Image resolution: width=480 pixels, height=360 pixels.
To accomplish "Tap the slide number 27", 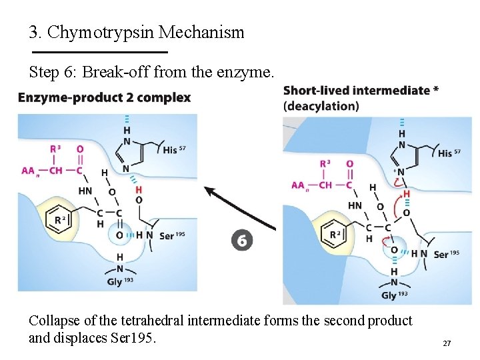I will pyautogui.click(x=447, y=343).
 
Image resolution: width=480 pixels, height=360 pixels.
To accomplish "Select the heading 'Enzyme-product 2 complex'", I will pyautogui.click(x=104, y=98).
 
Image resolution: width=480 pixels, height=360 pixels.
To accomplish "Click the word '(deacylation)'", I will pyautogui.click(x=321, y=106).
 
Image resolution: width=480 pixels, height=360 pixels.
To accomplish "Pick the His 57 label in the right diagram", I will pyautogui.click(x=454, y=153).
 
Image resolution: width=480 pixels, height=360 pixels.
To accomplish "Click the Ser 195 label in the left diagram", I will pyautogui.click(x=172, y=235).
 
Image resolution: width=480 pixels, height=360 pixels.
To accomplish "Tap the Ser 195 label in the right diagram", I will pyautogui.click(x=450, y=254).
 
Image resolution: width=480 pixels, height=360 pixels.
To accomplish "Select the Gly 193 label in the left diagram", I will pyautogui.click(x=121, y=281).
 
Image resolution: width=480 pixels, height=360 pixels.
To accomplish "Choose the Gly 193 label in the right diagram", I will pyautogui.click(x=394, y=295).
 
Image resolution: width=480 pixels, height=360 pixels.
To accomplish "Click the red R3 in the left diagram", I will pyautogui.click(x=56, y=149).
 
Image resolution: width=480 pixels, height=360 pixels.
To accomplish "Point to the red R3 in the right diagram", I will pyautogui.click(x=325, y=164).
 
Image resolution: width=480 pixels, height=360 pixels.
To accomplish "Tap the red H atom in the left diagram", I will pyautogui.click(x=139, y=189).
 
